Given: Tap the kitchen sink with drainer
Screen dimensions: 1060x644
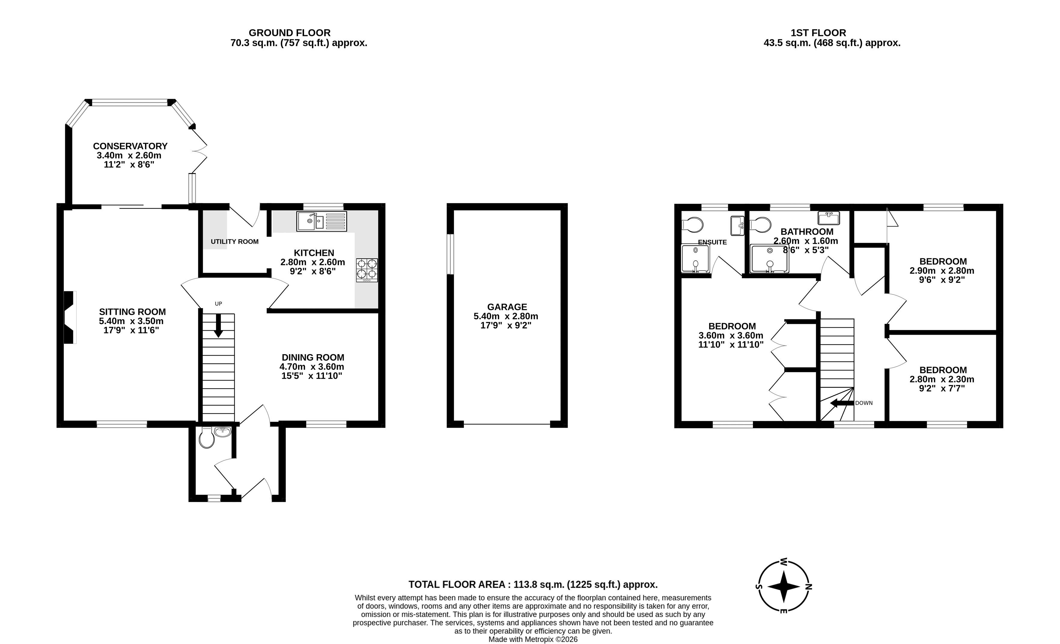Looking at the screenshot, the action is [321, 221].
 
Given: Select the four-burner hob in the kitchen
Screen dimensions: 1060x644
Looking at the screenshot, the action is [367, 270].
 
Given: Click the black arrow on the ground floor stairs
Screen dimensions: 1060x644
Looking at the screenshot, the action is [218, 326].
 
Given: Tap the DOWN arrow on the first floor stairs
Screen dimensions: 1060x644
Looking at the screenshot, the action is [842, 403].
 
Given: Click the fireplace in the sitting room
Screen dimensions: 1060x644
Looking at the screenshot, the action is [70, 317].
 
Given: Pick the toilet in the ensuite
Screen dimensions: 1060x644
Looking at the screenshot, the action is [693, 224].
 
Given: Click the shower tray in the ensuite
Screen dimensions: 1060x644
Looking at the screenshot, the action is [695, 259].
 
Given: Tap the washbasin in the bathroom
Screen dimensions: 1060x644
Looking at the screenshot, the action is [829, 218].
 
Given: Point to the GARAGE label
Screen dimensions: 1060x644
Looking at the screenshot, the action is [507, 307].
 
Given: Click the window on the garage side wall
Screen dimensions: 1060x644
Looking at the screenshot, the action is [450, 254].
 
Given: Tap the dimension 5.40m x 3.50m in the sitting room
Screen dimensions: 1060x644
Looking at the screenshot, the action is [131, 321].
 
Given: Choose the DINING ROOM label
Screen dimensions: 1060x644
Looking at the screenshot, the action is [313, 357].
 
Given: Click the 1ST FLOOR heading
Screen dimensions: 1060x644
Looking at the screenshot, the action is [818, 33].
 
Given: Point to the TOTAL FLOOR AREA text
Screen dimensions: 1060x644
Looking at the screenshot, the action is [457, 584].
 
